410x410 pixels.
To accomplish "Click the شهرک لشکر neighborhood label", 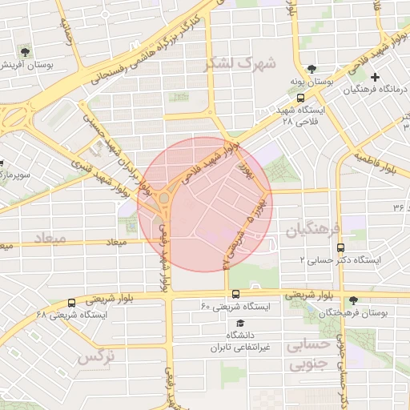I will (239, 62).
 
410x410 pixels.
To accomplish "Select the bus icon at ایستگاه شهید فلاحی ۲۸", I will (299, 97).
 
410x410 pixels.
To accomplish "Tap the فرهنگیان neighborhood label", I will (313, 230).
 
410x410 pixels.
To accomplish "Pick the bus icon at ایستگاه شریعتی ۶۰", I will (235, 294).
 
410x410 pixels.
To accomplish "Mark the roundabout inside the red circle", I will (164, 198).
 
